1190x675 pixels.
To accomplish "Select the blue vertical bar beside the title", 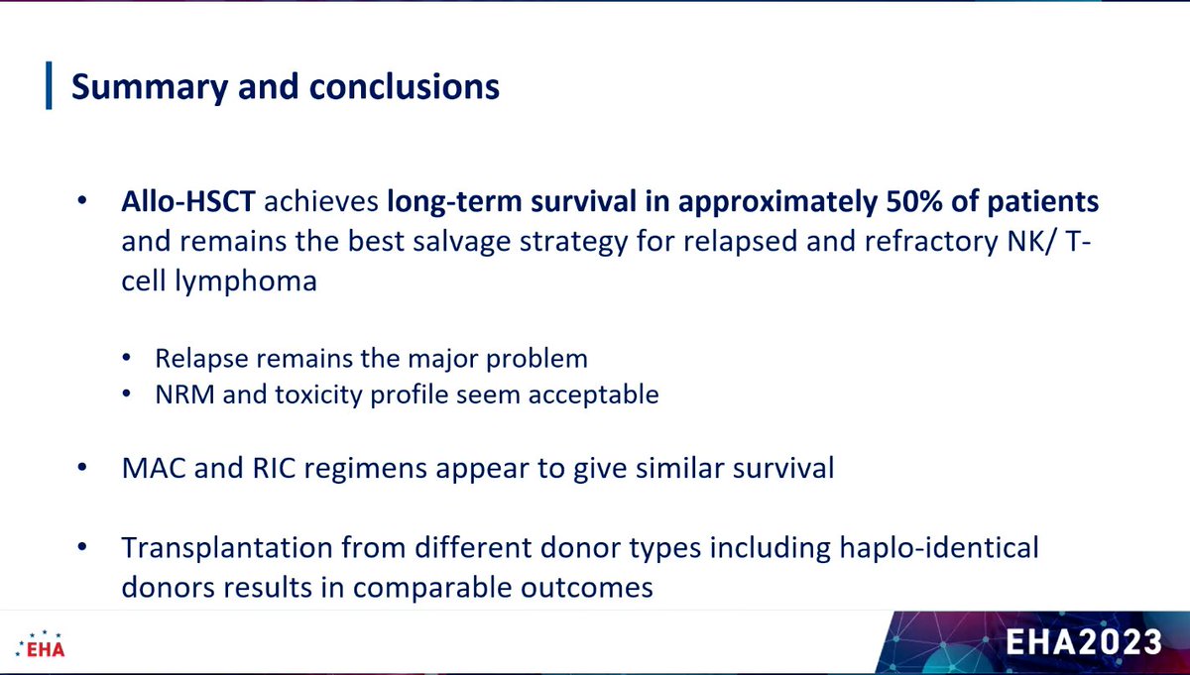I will pos(48,86).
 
